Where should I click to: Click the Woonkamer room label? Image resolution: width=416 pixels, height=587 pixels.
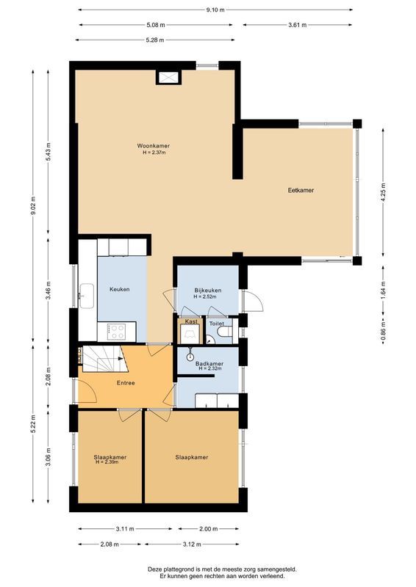(x=154, y=146)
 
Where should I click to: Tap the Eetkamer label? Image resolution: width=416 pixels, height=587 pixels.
(x=301, y=190)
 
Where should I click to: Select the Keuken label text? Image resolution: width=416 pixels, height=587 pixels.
(x=119, y=289)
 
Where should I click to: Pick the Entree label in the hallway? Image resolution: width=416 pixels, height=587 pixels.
(x=126, y=383)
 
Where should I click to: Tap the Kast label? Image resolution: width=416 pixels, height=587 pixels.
(x=190, y=322)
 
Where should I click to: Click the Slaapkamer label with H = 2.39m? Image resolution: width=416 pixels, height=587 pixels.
(x=110, y=457)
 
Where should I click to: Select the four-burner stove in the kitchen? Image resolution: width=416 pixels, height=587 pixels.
(x=117, y=332)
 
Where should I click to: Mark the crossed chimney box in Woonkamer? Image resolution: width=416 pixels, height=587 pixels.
(x=168, y=77)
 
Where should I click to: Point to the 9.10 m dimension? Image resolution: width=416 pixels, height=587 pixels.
(x=215, y=10)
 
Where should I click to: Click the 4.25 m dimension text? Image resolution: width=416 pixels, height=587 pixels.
(x=383, y=192)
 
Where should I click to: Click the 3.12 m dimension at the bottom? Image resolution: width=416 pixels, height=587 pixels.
(x=192, y=544)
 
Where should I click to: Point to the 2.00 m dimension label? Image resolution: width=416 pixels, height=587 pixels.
(x=209, y=529)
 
